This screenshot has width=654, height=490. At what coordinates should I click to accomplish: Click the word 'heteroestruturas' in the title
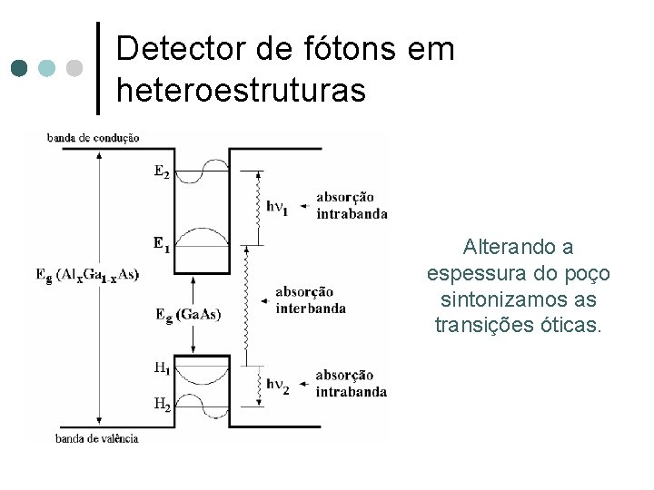(242, 90)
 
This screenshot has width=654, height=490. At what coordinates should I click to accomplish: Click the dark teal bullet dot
(18, 68)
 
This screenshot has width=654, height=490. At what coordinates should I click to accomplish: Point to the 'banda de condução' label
(93, 138)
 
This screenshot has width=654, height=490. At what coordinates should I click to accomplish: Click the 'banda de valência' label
(96, 438)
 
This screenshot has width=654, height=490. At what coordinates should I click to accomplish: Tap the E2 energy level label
(161, 172)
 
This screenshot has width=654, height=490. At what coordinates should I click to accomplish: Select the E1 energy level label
(161, 243)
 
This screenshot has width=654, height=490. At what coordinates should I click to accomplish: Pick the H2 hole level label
(161, 405)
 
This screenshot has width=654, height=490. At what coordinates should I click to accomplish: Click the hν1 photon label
(277, 206)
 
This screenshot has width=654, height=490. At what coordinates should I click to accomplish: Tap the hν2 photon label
(277, 384)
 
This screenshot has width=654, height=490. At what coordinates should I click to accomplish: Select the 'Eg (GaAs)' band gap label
(188, 315)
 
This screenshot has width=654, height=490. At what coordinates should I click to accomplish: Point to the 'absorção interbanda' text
(310, 299)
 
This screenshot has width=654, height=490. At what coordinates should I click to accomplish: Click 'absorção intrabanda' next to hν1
(352, 205)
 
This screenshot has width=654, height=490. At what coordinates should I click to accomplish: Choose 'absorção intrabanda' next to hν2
(352, 383)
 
